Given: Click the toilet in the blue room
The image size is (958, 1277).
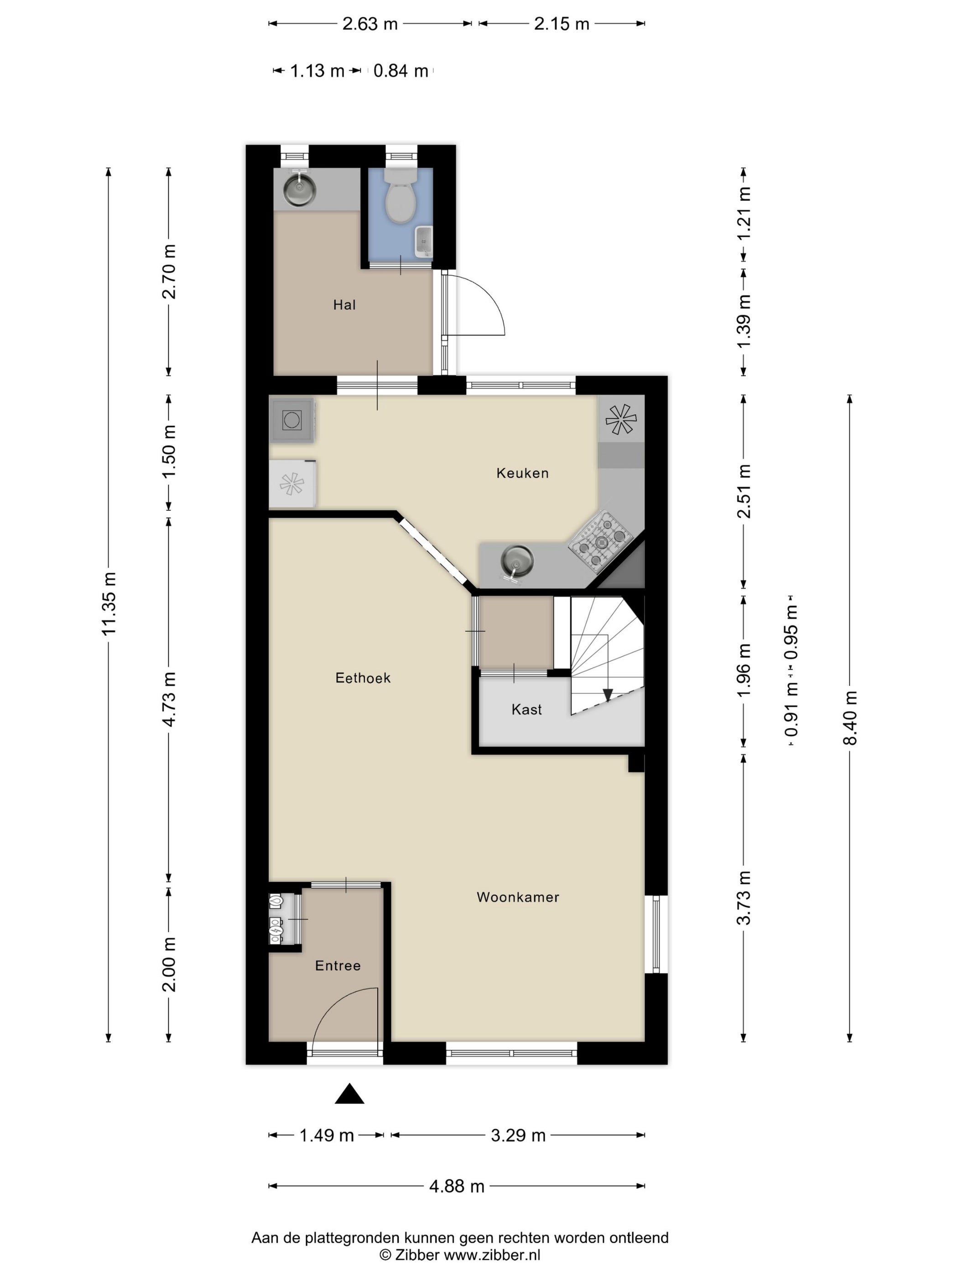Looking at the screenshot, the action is (400, 196).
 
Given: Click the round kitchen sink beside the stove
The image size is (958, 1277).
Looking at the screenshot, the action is (517, 561).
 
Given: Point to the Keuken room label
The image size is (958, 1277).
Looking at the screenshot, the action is (522, 473).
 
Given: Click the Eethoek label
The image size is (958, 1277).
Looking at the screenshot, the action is (363, 678).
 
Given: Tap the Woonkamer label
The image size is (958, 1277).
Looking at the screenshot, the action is (517, 897).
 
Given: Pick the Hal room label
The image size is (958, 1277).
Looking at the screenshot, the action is (344, 304).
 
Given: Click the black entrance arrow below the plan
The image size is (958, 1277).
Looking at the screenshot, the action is (349, 1093).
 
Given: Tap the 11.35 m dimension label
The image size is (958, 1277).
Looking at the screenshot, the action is (109, 603).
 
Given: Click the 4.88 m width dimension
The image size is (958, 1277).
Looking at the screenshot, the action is (456, 1186).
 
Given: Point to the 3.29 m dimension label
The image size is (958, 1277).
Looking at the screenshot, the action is (518, 1135).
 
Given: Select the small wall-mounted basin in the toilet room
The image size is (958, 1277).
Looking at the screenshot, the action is (424, 241).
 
